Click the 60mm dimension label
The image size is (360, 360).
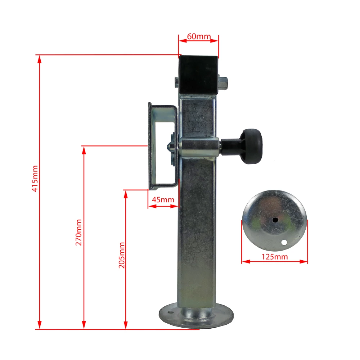pyautogui.click(x=199, y=36)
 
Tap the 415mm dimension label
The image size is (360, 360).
pyautogui.click(x=35, y=179)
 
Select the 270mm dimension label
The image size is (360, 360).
pyautogui.click(x=78, y=232)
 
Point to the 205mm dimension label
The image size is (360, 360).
pyautogui.click(x=122, y=255)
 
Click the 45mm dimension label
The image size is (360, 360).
pyautogui.click(x=163, y=199)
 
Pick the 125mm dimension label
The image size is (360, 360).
pyautogui.click(x=275, y=257)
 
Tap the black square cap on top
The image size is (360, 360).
pyautogui.click(x=198, y=75)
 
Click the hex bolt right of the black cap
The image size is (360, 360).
pyautogui.click(x=223, y=84)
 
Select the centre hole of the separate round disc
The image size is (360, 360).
pyautogui.click(x=275, y=220)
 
